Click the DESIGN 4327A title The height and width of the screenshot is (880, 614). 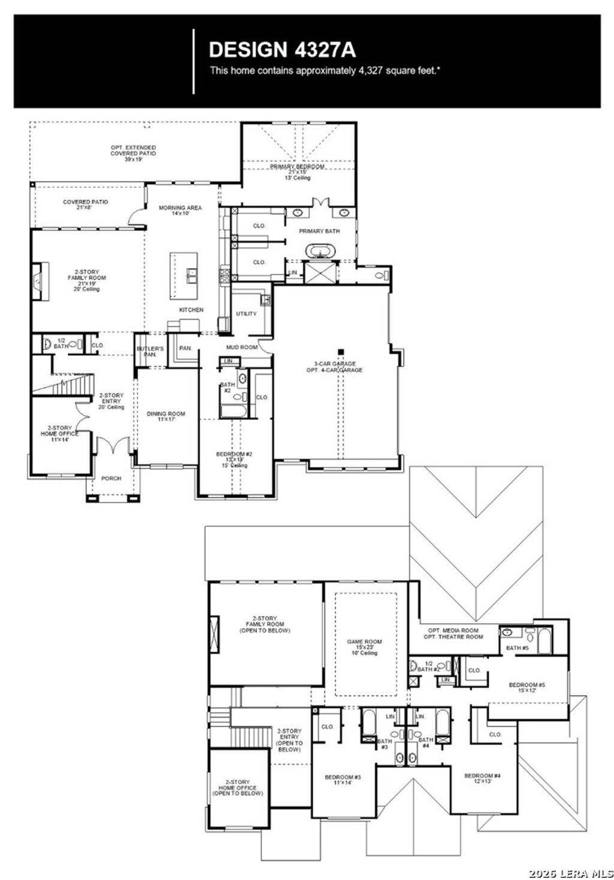[x=282, y=49]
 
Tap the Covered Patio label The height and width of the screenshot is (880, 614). [x=86, y=205]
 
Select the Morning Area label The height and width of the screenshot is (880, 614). [x=180, y=211]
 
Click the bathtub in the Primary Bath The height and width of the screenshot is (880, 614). [x=319, y=251]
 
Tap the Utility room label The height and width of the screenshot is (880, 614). [x=246, y=314]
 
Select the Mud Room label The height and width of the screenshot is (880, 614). [x=242, y=347]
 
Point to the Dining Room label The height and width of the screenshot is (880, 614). [x=166, y=416]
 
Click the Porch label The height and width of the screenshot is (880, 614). [x=112, y=478]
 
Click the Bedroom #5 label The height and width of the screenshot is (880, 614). [x=526, y=687]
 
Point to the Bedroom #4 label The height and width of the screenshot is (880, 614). [x=482, y=778]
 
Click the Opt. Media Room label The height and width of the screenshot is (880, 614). [x=453, y=633]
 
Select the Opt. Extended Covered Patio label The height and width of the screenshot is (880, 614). [x=133, y=153]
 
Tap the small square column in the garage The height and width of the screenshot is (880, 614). [x=340, y=352]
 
